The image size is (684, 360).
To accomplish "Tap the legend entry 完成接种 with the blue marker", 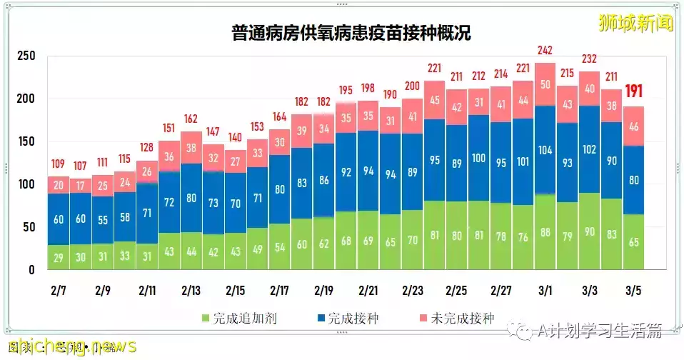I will tap(346, 319).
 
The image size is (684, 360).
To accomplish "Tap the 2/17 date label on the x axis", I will tap(281, 291).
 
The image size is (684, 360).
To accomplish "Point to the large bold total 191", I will tap(634, 91).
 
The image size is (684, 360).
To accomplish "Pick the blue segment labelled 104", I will tap(545, 150).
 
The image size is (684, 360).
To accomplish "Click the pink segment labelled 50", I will tap(545, 84).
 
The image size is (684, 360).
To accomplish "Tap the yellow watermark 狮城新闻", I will tap(635, 23).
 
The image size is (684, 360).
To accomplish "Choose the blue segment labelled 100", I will tap(479, 157).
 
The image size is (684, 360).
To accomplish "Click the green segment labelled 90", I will tap(590, 232).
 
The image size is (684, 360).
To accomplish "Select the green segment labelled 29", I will tap(59, 257).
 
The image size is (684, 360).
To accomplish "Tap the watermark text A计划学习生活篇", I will tap(599, 331).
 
